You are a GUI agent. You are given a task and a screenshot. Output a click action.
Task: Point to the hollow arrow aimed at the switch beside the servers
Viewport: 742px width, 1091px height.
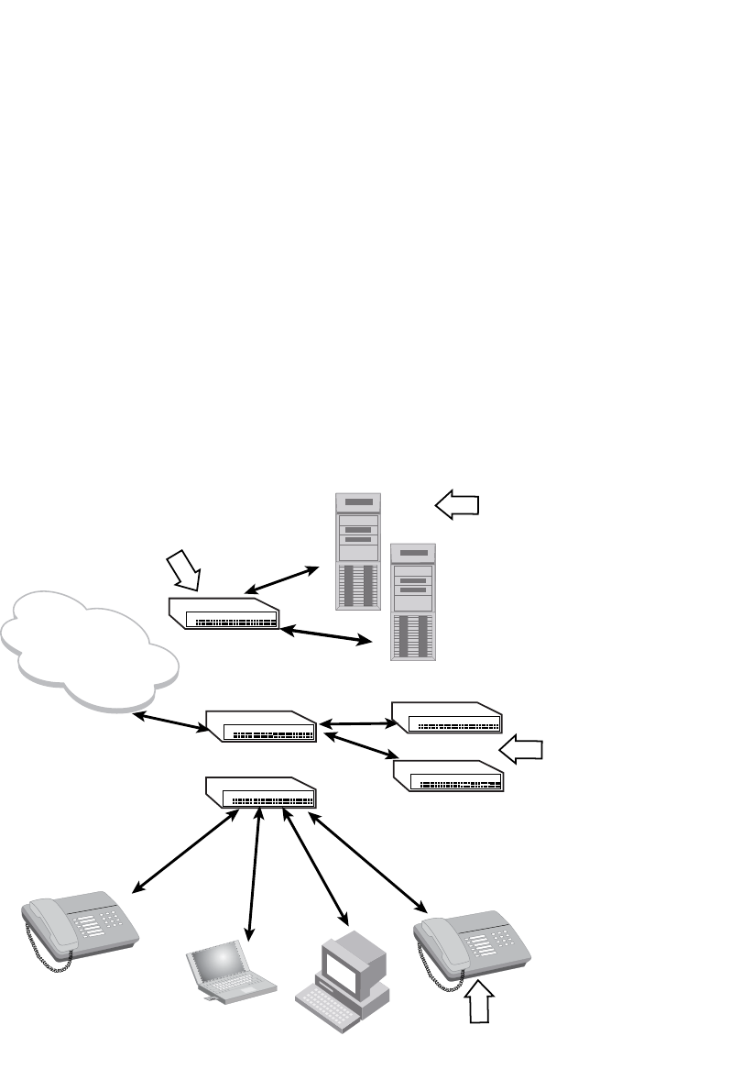point(185,570)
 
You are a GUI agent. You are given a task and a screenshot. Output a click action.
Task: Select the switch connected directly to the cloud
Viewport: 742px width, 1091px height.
point(261,726)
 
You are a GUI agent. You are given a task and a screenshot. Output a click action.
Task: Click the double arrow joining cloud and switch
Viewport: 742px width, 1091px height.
point(171,722)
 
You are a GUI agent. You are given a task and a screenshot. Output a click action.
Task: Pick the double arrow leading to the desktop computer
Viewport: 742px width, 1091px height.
point(317,866)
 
